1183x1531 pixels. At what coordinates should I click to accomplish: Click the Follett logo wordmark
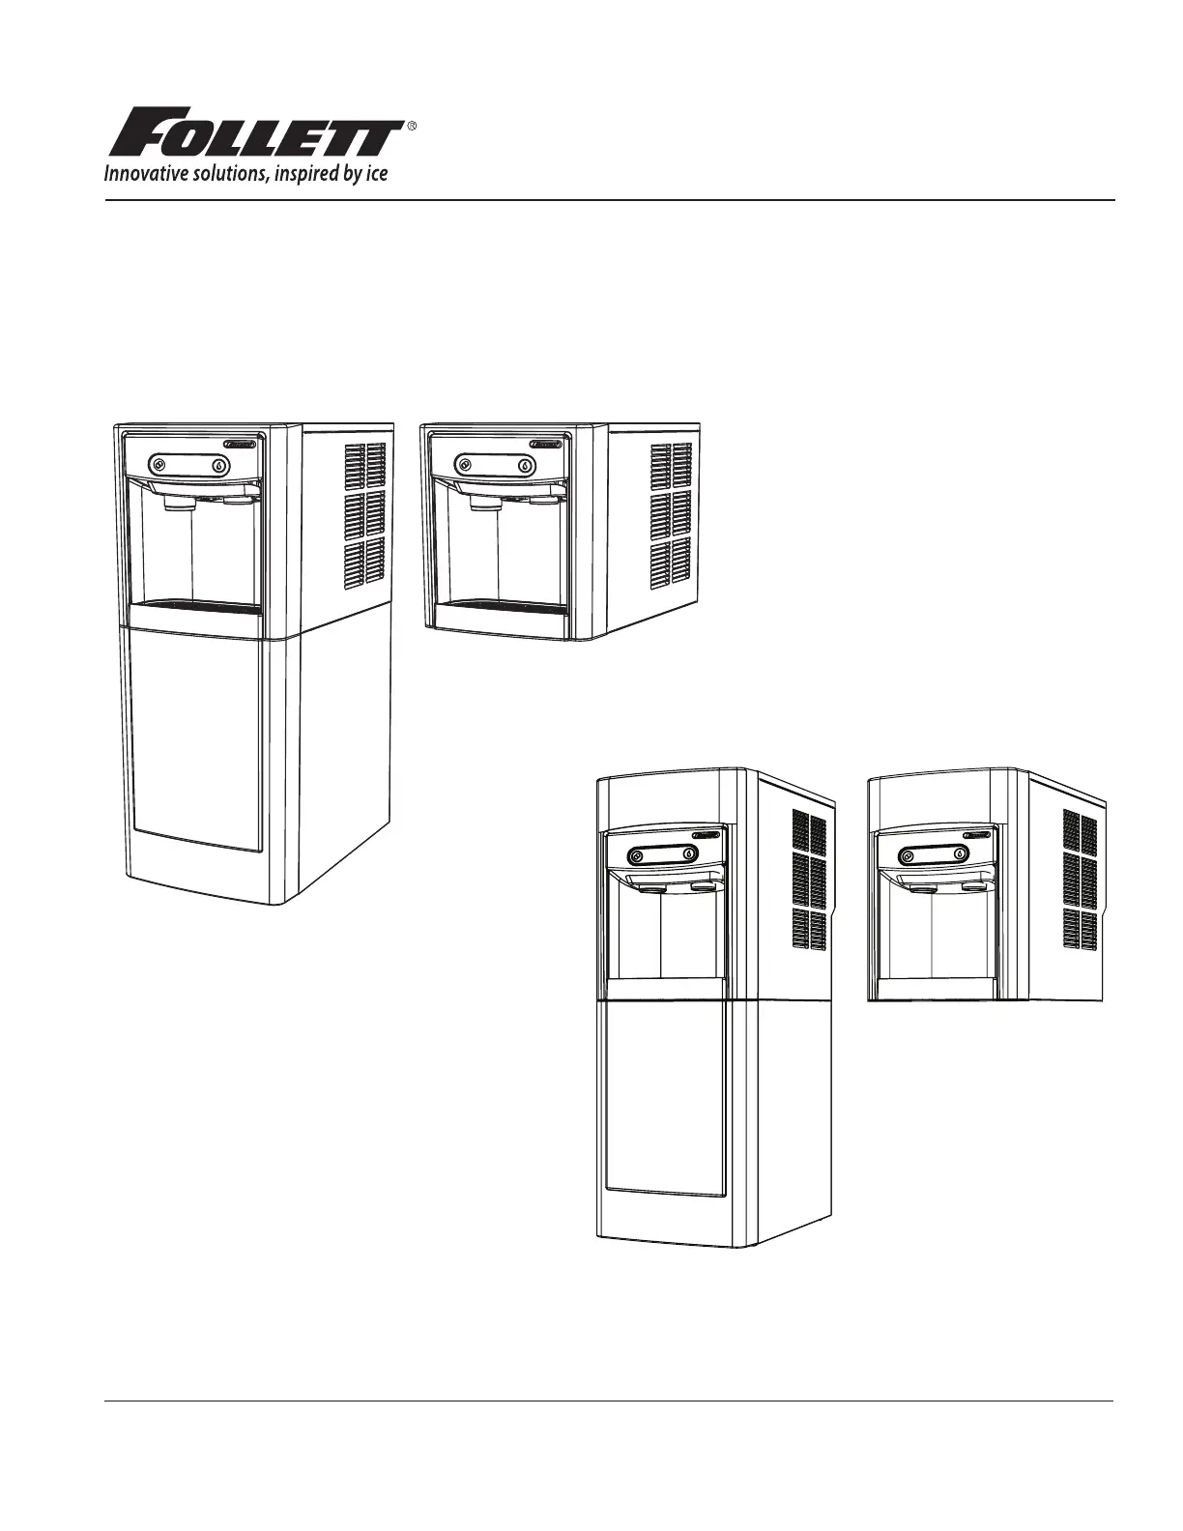click(x=256, y=131)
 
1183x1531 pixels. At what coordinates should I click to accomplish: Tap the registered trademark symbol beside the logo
click(x=412, y=126)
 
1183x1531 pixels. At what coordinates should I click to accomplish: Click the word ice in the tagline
click(x=377, y=173)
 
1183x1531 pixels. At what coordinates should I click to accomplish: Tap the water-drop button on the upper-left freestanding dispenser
click(x=220, y=466)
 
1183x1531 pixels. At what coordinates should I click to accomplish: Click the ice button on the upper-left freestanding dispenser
click(x=159, y=465)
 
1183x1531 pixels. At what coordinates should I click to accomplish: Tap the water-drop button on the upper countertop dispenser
click(x=526, y=466)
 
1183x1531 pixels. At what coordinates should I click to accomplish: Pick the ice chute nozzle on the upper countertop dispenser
click(x=482, y=504)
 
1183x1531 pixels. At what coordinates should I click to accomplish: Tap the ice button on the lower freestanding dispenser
click(x=637, y=856)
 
